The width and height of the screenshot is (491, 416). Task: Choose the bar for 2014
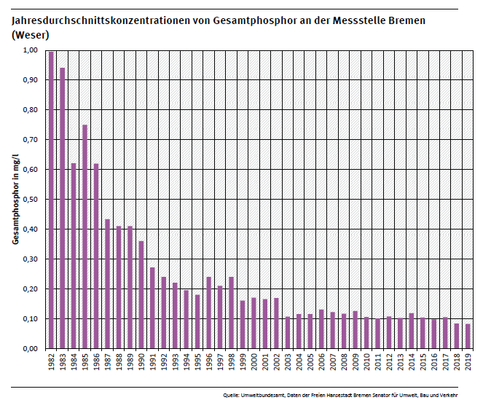tap(412, 331)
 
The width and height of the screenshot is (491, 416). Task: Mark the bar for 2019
tap(468, 336)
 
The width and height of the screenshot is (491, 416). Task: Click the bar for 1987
tap(107, 284)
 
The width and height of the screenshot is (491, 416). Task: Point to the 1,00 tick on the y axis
tap(29, 50)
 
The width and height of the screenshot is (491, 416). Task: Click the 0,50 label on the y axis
tap(29, 200)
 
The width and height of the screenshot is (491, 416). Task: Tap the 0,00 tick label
tap(29, 349)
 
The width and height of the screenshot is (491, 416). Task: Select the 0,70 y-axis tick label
tap(29, 140)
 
